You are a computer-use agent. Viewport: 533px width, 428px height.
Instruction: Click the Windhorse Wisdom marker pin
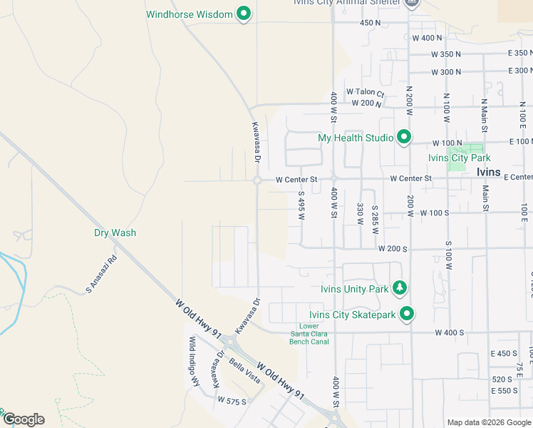(x=244, y=14)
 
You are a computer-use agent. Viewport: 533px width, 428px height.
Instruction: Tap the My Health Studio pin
(x=404, y=136)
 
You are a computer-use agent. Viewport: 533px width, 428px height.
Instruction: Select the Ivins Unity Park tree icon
(x=400, y=288)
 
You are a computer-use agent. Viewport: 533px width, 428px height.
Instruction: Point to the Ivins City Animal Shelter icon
(x=411, y=3)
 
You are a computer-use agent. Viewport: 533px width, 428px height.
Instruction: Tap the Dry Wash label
(x=115, y=233)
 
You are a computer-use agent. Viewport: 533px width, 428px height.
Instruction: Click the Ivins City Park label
(x=459, y=158)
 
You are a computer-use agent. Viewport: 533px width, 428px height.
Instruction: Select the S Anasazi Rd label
(x=100, y=275)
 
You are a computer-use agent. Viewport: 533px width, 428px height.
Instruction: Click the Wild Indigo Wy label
(x=192, y=362)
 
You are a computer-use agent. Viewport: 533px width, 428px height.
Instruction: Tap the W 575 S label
(x=232, y=401)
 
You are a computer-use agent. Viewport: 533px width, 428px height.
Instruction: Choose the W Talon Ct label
(x=366, y=92)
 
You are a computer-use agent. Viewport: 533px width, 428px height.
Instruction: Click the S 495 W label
(x=301, y=205)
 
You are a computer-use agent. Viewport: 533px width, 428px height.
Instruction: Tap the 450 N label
(x=371, y=23)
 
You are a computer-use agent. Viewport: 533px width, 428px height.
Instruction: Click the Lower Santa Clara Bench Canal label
(x=309, y=334)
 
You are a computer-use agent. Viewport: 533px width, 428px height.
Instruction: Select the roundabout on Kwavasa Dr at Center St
(x=257, y=180)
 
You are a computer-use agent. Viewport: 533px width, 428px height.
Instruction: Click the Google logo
(x=24, y=419)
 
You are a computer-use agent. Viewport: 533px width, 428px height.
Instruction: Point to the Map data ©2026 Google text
(x=488, y=422)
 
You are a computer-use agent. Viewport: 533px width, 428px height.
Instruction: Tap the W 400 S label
(x=449, y=332)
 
